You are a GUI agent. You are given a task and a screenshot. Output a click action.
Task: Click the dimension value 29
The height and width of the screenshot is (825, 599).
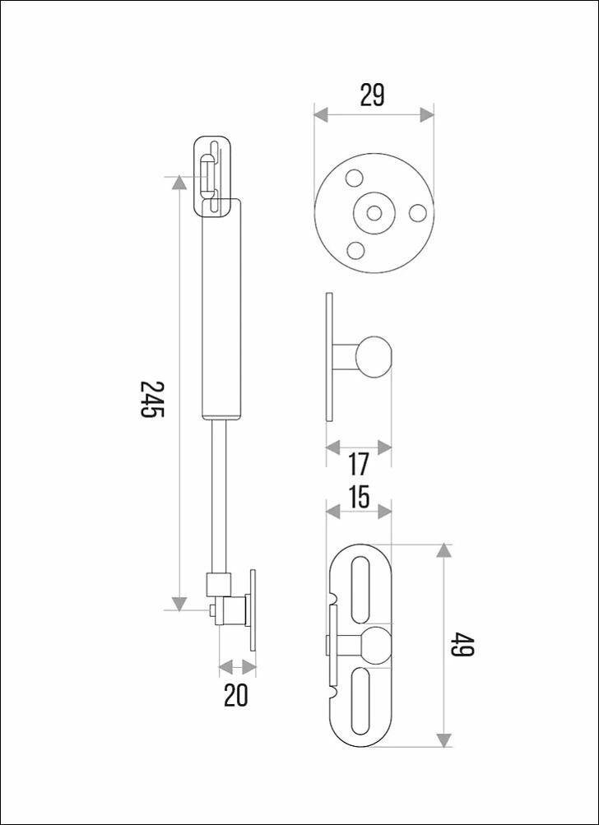pos(373,95)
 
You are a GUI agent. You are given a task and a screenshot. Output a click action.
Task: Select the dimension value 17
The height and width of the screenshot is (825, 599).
pos(359,464)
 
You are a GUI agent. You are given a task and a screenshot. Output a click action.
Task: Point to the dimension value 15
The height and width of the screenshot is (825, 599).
pos(359,497)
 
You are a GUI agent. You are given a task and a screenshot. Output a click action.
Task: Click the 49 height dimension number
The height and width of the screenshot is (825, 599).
pos(463,645)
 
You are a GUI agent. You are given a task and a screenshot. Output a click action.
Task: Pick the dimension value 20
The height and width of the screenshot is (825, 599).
pos(235,696)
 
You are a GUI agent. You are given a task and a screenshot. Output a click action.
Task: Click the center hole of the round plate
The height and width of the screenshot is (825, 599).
pos(374,213)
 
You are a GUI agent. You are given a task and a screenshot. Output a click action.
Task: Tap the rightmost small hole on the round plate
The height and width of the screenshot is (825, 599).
pos(418,213)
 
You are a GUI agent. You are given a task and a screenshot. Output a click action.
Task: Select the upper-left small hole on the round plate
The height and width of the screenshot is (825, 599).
pos(355,178)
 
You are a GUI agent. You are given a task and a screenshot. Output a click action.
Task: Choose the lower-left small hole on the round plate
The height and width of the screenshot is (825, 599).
pos(355,249)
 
